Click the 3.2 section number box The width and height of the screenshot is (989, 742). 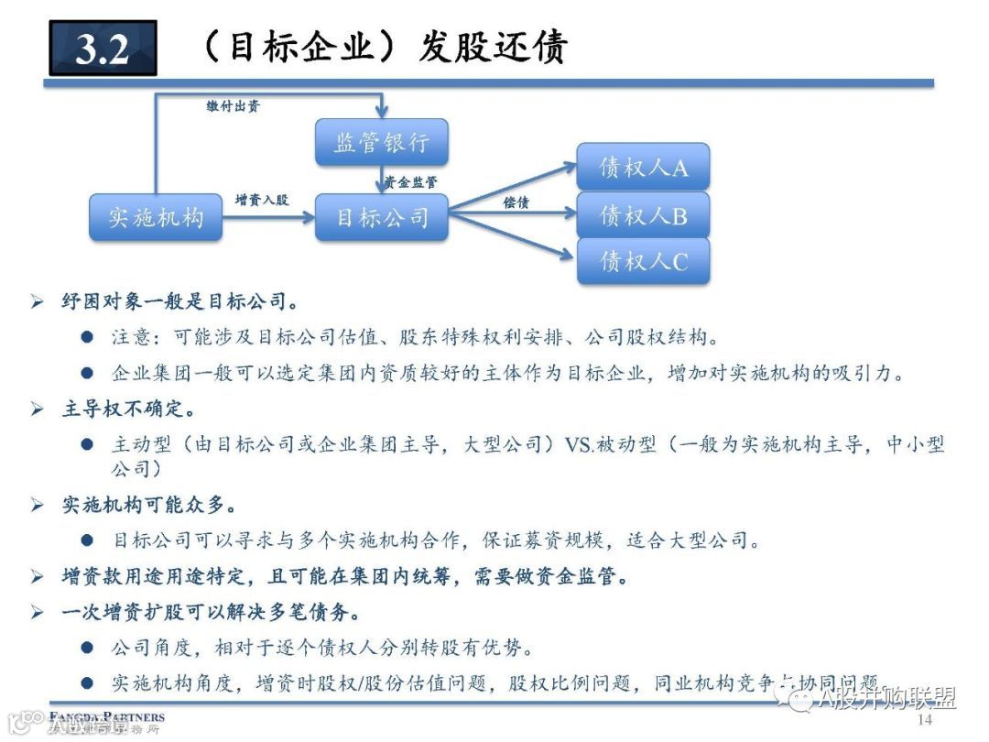[103, 49]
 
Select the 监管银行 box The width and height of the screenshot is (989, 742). [381, 142]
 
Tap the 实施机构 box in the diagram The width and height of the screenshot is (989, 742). [156, 217]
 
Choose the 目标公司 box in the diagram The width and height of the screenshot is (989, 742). [381, 217]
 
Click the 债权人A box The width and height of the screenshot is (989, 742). [643, 167]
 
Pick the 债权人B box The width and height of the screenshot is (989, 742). [643, 215]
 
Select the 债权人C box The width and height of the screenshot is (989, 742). [643, 261]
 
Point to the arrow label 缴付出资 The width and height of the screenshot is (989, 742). [233, 106]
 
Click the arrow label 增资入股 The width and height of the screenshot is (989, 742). [262, 199]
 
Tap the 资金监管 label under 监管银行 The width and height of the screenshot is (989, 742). [411, 182]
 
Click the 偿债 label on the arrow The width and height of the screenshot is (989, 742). [516, 202]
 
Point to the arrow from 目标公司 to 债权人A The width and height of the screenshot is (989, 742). [513, 187]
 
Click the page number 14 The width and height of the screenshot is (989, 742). [924, 720]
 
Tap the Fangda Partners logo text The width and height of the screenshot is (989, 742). [106, 716]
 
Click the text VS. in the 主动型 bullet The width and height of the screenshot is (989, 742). [580, 445]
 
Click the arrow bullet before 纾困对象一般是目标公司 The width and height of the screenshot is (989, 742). [37, 302]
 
